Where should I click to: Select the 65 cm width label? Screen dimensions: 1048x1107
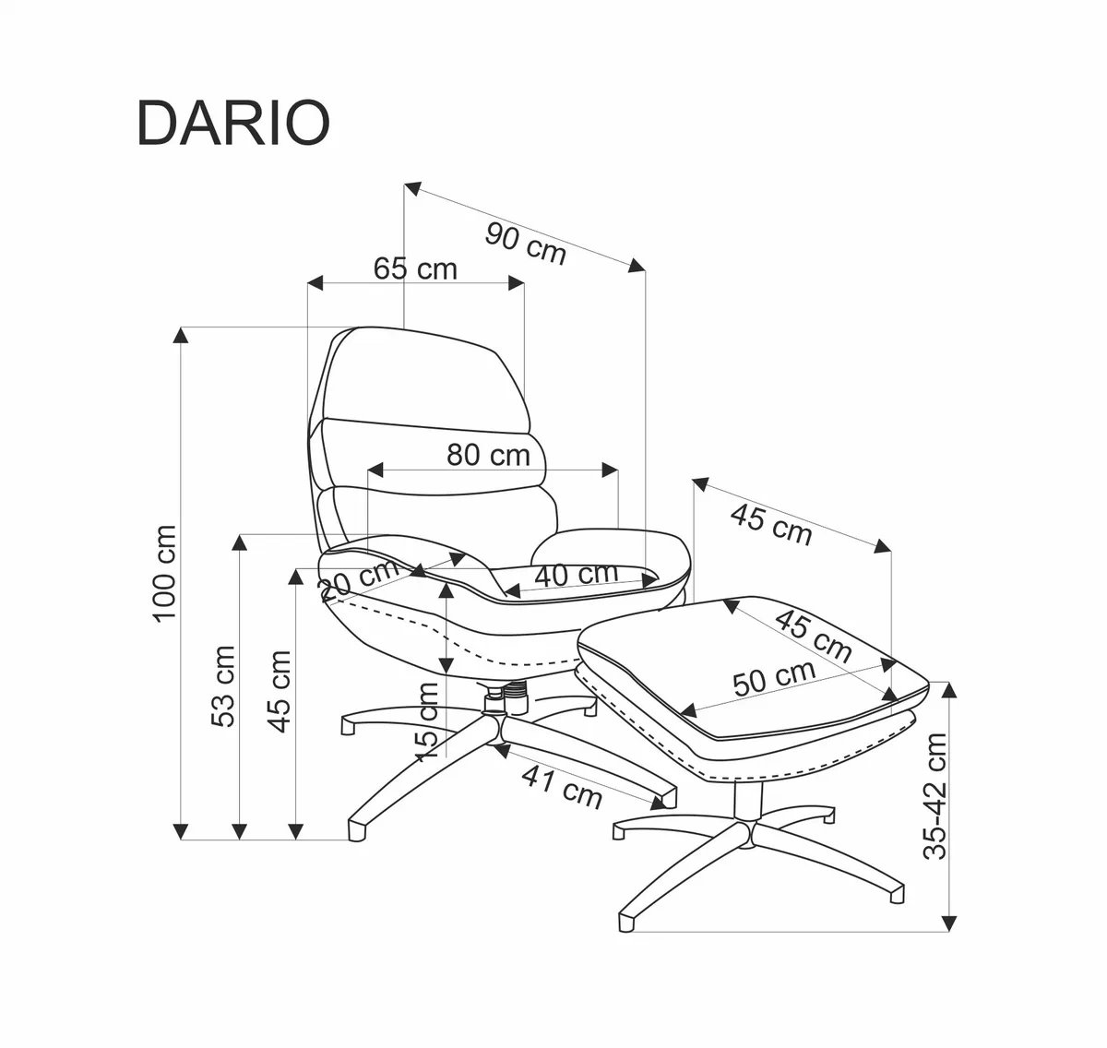click(x=415, y=268)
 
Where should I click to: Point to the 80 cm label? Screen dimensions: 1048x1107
click(x=488, y=454)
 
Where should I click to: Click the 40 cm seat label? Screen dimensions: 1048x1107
click(x=576, y=574)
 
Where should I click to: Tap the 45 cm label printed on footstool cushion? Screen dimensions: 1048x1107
click(x=812, y=635)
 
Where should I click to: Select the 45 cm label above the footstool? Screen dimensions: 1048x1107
click(x=771, y=524)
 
